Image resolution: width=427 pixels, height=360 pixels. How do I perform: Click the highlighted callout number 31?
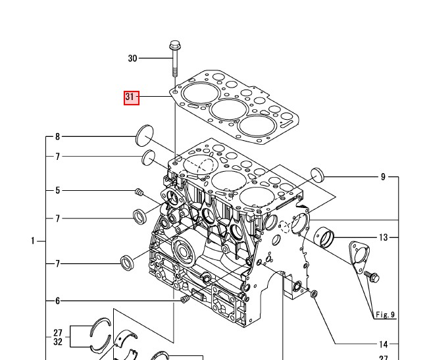tap(130, 98)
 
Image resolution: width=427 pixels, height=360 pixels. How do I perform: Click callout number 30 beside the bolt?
tap(132, 59)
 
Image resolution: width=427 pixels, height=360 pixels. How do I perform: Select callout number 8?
tap(57, 137)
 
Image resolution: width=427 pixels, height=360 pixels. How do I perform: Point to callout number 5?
tap(57, 191)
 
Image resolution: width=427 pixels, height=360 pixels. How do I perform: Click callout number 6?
tap(57, 301)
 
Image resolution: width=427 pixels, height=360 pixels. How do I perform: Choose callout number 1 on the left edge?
tap(32, 241)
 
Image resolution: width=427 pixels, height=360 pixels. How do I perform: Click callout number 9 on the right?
tap(384, 176)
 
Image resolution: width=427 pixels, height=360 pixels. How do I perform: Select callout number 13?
tap(384, 236)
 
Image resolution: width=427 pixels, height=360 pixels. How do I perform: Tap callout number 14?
tap(384, 344)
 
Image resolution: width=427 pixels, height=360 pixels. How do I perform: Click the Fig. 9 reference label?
tap(384, 315)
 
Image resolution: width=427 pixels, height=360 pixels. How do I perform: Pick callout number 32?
tap(58, 342)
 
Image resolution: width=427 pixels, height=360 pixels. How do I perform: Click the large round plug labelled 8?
tap(144, 137)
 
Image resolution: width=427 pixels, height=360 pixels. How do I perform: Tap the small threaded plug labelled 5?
tap(139, 192)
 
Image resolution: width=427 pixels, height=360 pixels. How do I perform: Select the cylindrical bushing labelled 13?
tap(324, 234)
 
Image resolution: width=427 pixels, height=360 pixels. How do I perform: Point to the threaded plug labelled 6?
tap(185, 300)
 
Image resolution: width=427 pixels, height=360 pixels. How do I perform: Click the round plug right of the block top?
tap(319, 176)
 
